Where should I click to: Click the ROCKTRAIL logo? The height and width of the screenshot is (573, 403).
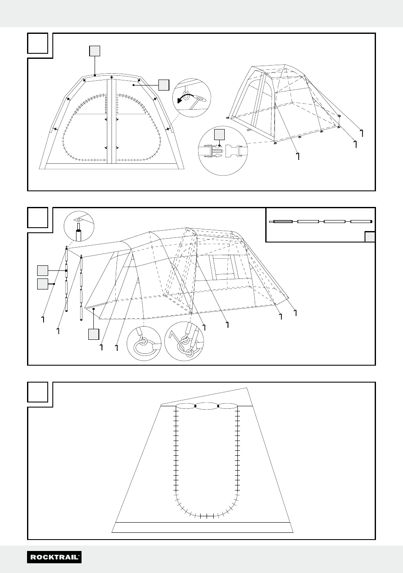pyautogui.click(x=54, y=557)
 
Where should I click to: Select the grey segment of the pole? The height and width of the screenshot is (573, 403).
pyautogui.click(x=283, y=221)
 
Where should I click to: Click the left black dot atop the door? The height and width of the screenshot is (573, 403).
pyautogui.click(x=196, y=406)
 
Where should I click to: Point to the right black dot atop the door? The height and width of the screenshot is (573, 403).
pyautogui.click(x=218, y=406)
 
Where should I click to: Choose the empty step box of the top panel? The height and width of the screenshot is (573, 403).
pyautogui.click(x=38, y=44)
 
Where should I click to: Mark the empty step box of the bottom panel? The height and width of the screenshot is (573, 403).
pyautogui.click(x=38, y=392)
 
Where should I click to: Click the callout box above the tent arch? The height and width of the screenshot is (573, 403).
pyautogui.click(x=95, y=51)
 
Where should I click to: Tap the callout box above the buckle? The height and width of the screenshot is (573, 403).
pyautogui.click(x=219, y=135)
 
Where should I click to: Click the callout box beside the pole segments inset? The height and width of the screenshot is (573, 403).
pyautogui.click(x=370, y=237)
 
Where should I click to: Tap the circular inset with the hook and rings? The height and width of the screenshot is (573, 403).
pyautogui.click(x=184, y=341)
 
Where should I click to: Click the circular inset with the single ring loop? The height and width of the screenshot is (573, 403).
pyautogui.click(x=144, y=343)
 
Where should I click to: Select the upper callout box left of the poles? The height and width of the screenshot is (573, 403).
pyautogui.click(x=43, y=270)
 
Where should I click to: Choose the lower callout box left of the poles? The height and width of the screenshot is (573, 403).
pyautogui.click(x=43, y=284)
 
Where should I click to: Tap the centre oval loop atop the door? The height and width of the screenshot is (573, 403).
pyautogui.click(x=207, y=406)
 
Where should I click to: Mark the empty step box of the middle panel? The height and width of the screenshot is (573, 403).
pyautogui.click(x=38, y=218)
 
